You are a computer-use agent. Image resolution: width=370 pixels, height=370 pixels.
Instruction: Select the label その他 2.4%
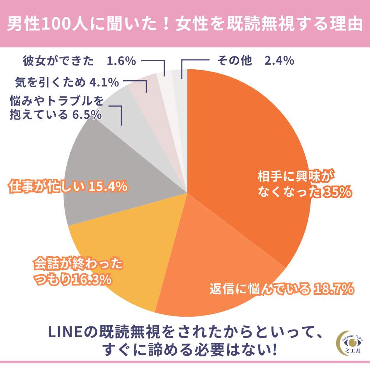pos(255,61)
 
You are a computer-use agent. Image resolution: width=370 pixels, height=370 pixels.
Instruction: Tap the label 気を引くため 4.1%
pos(67,82)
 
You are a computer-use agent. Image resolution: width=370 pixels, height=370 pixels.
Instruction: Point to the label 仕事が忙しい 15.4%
pos(68,187)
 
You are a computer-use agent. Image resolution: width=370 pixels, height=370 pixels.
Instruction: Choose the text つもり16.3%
pos(72,279)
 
